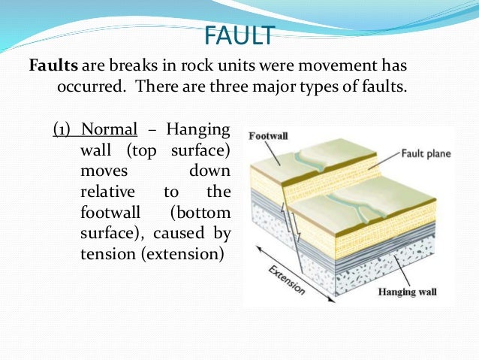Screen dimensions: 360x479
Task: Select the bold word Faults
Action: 53,65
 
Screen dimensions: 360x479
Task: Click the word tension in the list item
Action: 104,254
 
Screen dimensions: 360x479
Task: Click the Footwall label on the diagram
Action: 267,136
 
